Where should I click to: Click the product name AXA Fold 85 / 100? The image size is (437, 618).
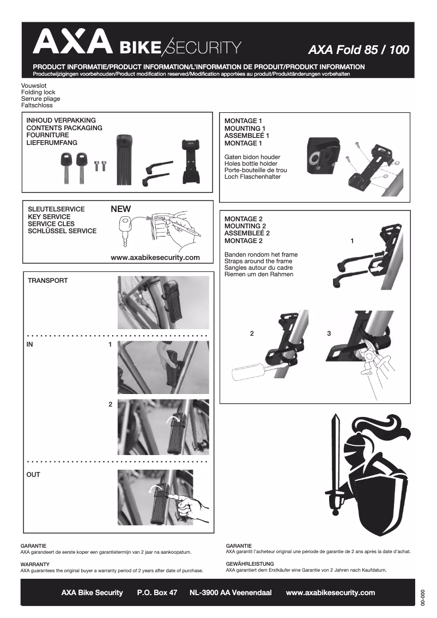(358, 50)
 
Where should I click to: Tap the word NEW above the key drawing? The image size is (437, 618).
(121, 209)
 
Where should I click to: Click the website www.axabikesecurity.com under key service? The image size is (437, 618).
(155, 257)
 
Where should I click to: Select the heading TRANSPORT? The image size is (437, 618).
(48, 281)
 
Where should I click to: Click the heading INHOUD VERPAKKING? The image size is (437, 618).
(61, 120)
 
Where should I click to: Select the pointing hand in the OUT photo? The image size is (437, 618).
(188, 504)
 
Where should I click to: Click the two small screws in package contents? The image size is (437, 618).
(99, 165)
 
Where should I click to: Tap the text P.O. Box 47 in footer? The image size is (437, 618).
(157, 592)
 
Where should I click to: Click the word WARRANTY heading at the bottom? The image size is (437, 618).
(35, 564)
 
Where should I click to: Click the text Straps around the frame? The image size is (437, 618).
(258, 261)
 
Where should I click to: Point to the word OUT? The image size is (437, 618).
(33, 475)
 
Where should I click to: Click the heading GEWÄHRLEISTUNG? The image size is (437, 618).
(250, 564)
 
